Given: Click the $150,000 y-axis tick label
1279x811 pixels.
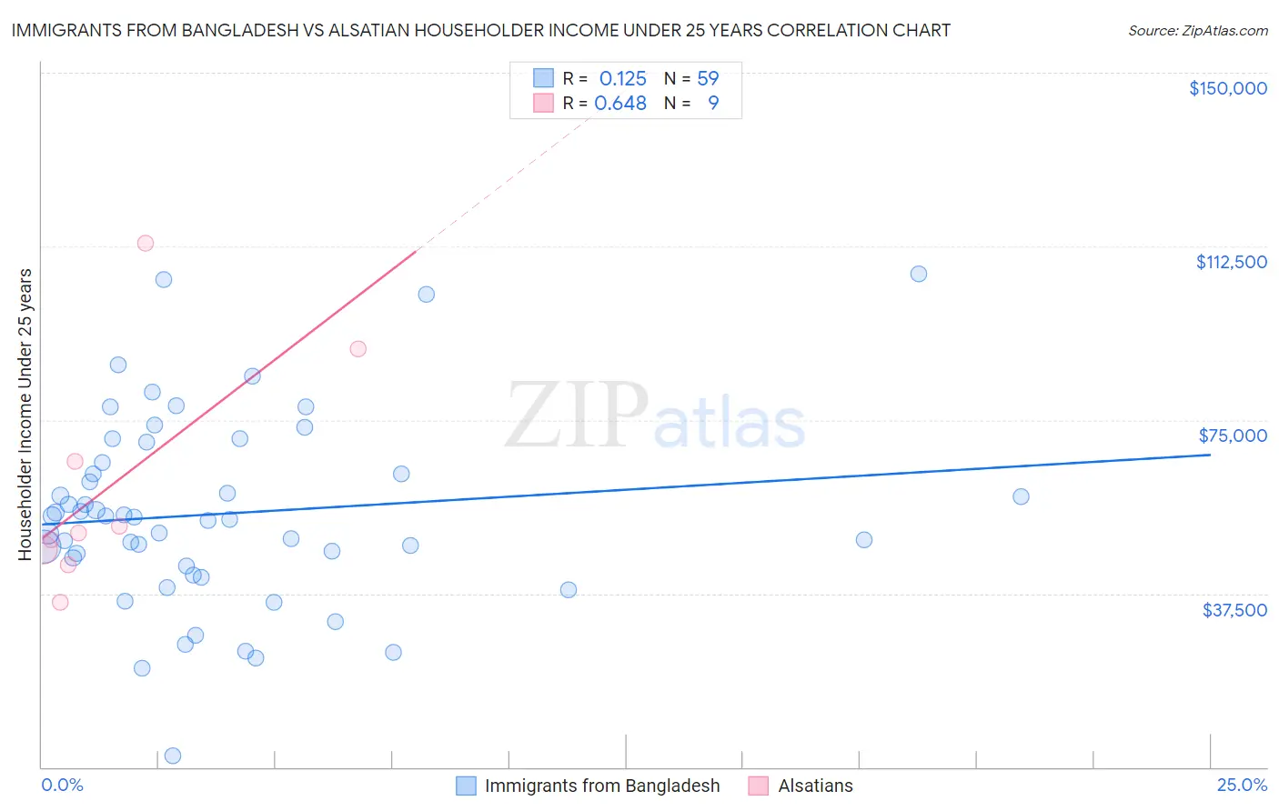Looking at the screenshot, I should pyautogui.click(x=1227, y=88).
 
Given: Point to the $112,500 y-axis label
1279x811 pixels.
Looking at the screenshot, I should pyautogui.click(x=1231, y=262).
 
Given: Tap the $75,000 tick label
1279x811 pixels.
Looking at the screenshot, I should pyautogui.click(x=1233, y=436).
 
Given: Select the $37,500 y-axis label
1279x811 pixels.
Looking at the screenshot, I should pyautogui.click(x=1234, y=610).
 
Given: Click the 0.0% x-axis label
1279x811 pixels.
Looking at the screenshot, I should pyautogui.click(x=62, y=786).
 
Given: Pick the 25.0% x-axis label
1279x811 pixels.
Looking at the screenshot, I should pyautogui.click(x=1242, y=786).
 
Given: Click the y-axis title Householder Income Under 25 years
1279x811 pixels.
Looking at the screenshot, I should pyautogui.click(x=25, y=415).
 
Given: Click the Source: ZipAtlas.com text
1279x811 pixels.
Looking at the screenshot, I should pyautogui.click(x=1197, y=31).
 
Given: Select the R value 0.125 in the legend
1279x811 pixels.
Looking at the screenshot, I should pyautogui.click(x=622, y=78).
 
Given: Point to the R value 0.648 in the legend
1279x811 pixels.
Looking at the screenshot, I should pyautogui.click(x=620, y=104).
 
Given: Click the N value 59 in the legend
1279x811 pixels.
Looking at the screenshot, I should pyautogui.click(x=708, y=78).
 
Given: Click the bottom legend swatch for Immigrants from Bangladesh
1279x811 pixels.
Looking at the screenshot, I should pyautogui.click(x=466, y=786).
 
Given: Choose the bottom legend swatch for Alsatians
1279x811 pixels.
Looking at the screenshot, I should pyautogui.click(x=759, y=786).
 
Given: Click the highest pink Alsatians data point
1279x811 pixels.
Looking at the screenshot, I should pyautogui.click(x=145, y=243).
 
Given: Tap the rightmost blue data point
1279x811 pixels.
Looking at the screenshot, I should pyautogui.click(x=1021, y=496).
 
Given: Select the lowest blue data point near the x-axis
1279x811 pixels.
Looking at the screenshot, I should pyautogui.click(x=172, y=756).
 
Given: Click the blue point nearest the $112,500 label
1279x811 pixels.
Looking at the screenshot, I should pyautogui.click(x=918, y=274).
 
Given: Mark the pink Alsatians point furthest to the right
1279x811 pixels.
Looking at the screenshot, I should pyautogui.click(x=358, y=349).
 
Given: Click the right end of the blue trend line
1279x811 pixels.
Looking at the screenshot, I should pyautogui.click(x=1210, y=454).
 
